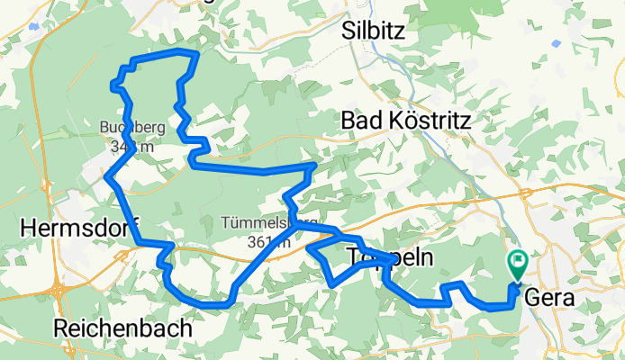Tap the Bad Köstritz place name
(x=407, y=120)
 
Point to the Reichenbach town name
(x=122, y=328)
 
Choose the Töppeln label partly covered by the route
(x=389, y=259)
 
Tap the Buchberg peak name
(x=127, y=127)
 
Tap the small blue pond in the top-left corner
(x=34, y=27)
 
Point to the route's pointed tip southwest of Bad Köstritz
(x=314, y=165)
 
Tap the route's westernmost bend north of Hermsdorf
(x=107, y=176)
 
